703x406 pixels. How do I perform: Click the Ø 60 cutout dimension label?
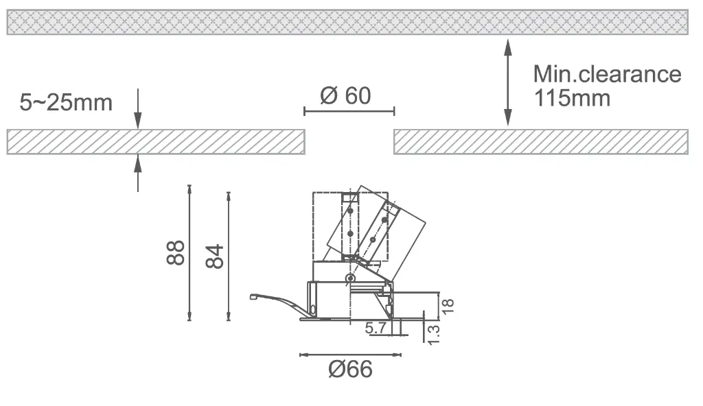coord(346,95)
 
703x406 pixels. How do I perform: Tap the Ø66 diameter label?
coord(350,369)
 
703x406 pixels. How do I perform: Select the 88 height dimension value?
coord(175,253)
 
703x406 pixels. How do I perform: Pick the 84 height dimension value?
coord(214,256)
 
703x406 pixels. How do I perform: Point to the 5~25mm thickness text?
coord(66,102)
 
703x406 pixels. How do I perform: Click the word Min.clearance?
coord(607,74)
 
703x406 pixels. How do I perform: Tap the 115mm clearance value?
coord(572,97)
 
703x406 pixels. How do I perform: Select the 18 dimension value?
coord(448,307)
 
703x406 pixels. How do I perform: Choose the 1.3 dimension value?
coord(434,335)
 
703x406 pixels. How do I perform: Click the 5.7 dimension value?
coord(376,328)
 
